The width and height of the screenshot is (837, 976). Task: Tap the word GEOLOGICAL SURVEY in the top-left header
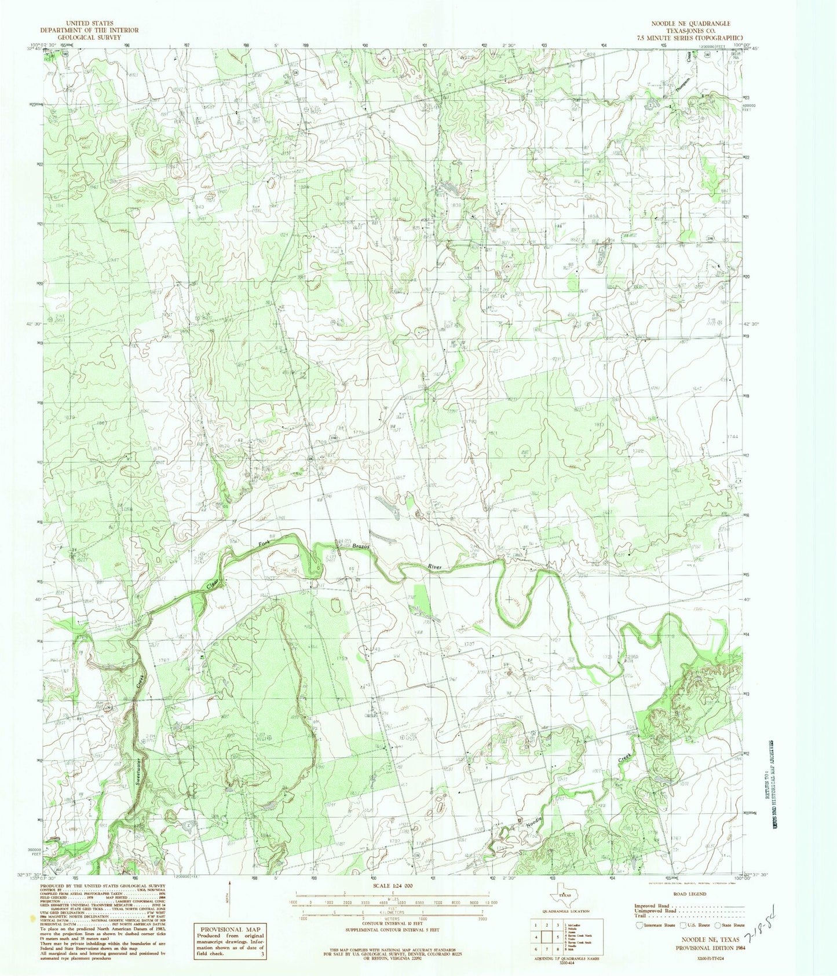[x=89, y=36]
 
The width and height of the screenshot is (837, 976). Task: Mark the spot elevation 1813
[x=599, y=424]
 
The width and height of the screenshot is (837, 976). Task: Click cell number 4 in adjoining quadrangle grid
[x=537, y=937]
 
